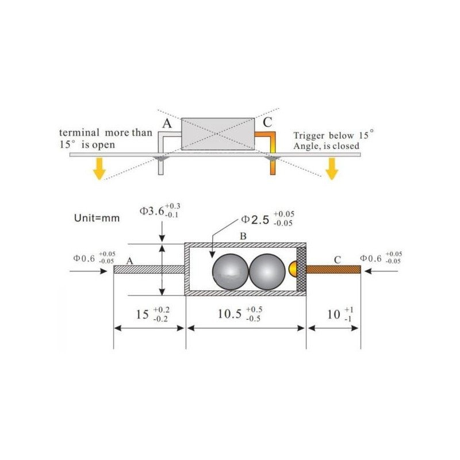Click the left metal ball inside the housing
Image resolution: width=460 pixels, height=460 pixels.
coord(231,271)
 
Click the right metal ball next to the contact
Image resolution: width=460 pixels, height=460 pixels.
coord(267,271)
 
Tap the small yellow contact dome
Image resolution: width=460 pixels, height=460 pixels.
coord(293,269)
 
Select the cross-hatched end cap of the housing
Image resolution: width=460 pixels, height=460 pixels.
coord(301,269)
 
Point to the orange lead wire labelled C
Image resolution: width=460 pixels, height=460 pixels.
coord(333,269)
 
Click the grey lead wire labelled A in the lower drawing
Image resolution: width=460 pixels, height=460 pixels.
coord(149,269)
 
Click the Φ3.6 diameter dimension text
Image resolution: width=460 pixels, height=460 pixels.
coord(160,210)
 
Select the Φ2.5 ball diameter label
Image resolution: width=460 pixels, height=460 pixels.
coord(267,219)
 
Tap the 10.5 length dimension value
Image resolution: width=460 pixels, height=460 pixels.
coord(240,314)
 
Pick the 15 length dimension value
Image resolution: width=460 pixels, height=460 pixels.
coord(152,315)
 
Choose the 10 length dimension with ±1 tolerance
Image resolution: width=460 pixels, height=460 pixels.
coord(340,315)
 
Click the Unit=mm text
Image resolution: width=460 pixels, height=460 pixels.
coord(97,218)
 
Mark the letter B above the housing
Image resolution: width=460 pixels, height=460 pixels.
coord(243,236)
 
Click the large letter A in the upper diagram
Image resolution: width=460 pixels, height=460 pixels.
coord(167,124)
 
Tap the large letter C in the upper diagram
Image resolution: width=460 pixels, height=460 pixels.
coord(267,122)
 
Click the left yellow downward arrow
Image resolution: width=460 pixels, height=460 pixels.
coord(99,168)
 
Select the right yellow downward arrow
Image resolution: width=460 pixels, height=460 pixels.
coord(332,168)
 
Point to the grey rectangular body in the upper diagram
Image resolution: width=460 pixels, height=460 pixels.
coord(218,134)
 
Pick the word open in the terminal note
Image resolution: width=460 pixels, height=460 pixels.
coord(103,145)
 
